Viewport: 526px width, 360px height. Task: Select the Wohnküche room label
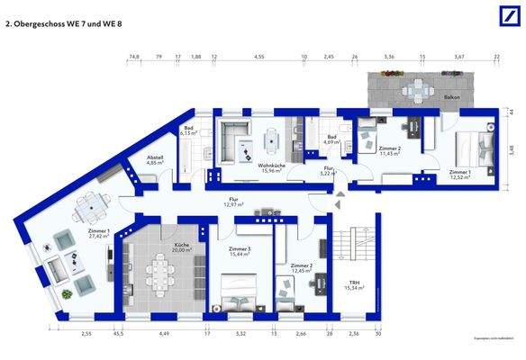point(272,166)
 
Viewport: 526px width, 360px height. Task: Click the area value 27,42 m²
point(99,237)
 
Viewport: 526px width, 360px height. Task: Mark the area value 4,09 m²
point(331,142)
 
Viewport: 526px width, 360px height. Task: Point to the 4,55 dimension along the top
point(259,56)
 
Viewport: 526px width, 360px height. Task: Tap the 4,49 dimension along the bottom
point(165,335)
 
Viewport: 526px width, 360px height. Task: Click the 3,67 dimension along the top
point(459,56)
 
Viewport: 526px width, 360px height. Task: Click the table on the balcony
point(415,89)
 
